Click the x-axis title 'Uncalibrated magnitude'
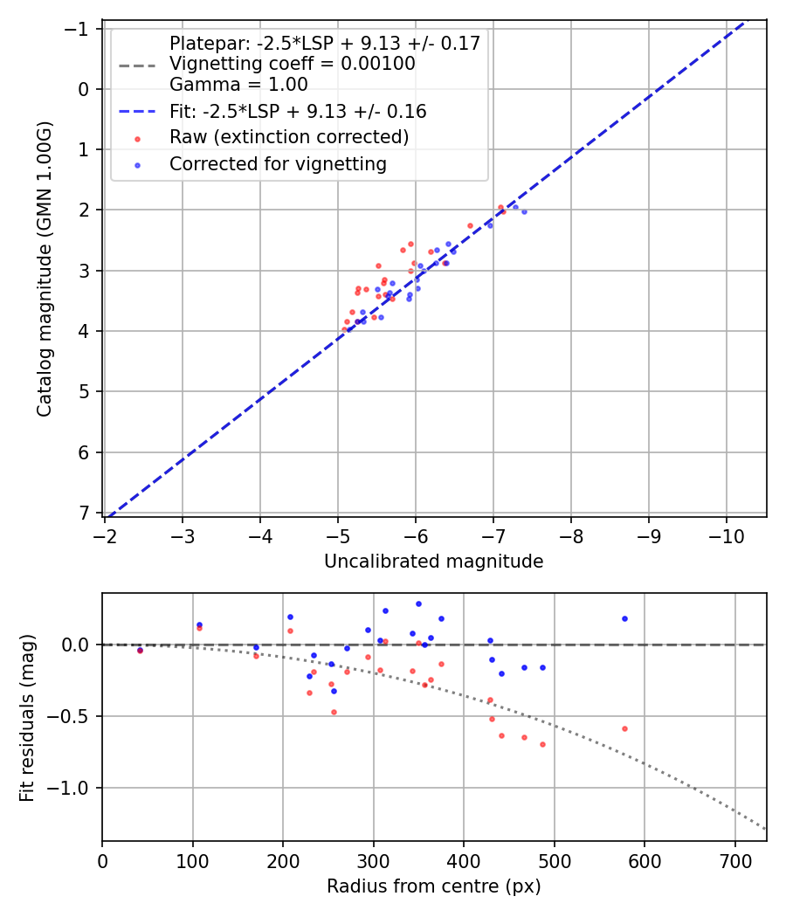[x=433, y=562]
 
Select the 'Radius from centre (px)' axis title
[x=433, y=886]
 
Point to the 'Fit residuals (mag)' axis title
[x=26, y=716]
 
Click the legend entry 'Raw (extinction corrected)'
[x=288, y=137]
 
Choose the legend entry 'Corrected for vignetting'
[x=278, y=163]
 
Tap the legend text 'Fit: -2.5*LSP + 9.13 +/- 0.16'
[x=297, y=112]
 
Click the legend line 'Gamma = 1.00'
[x=238, y=85]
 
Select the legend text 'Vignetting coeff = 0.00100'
[x=292, y=64]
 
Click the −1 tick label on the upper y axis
[x=79, y=29]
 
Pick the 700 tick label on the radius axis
[x=734, y=859]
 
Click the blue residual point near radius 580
[x=624, y=618]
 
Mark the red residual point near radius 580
[x=624, y=728]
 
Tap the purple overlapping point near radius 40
[x=140, y=650]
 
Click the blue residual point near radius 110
[x=199, y=624]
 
